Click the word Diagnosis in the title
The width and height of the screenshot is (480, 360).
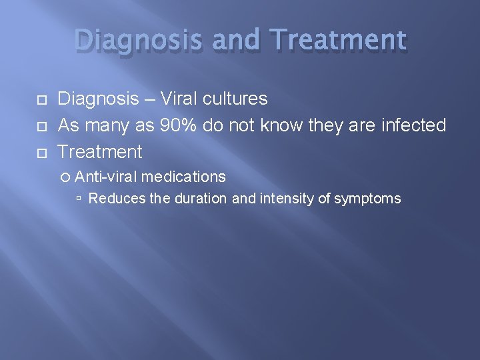coord(137,41)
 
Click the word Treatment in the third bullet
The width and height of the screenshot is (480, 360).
coord(100,152)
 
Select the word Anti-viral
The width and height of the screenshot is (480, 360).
coord(106,177)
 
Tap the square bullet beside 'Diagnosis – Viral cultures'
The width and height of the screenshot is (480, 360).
coord(41,100)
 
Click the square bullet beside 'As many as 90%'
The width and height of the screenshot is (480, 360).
coord(41,126)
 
